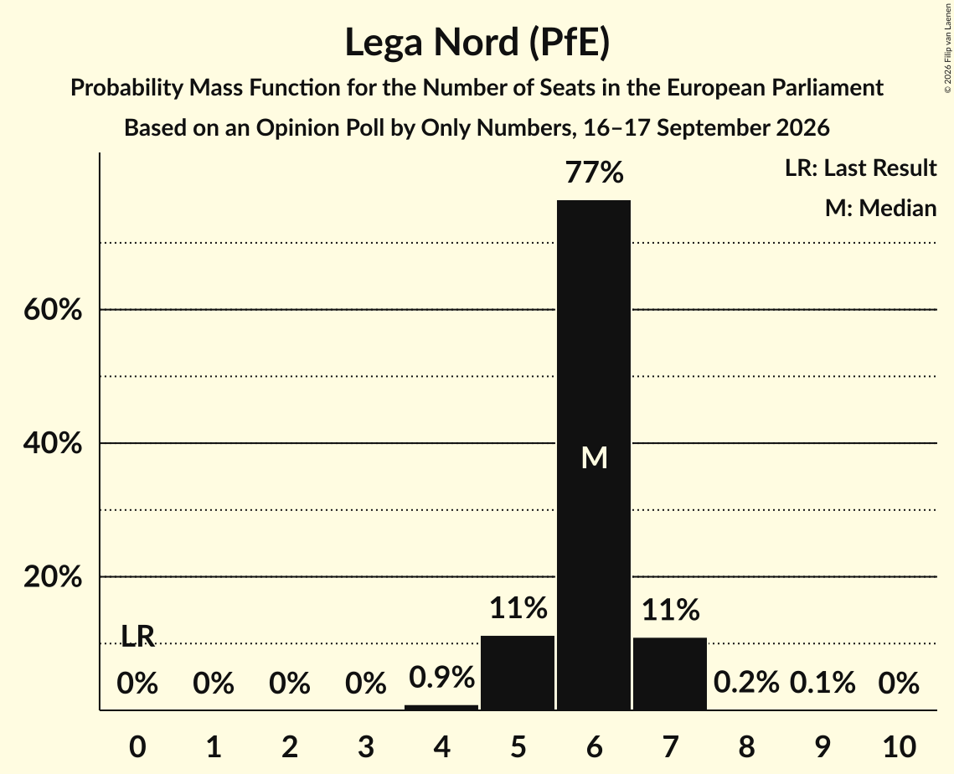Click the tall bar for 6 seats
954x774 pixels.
point(594,455)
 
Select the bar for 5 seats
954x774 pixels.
point(518,673)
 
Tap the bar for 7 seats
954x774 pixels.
point(670,673)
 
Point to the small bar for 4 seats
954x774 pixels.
point(441,707)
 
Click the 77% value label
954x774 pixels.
point(595,173)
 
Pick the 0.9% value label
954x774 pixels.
point(441,677)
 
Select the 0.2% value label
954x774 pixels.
point(746,682)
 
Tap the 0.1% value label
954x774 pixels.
point(823,682)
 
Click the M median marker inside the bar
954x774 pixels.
point(595,457)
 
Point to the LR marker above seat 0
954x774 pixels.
point(137,636)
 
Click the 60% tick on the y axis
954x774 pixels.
point(52,310)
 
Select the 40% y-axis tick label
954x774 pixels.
point(52,443)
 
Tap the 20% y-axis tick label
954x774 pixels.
point(52,576)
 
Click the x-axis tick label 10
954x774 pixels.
point(900,746)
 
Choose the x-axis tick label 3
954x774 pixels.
point(366,746)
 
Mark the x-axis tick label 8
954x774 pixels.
point(746,746)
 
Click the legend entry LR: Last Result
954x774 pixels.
point(860,168)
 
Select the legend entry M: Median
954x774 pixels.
point(880,208)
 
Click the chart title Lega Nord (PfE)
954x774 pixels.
point(477,43)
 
